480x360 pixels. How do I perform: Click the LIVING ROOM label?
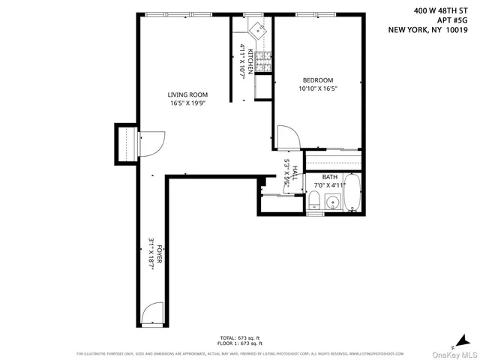point(187,94)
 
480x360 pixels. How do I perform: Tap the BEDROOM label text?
point(317,80)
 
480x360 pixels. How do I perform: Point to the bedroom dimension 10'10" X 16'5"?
point(317,89)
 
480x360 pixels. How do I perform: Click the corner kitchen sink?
point(258,29)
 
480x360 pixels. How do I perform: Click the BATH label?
point(330,177)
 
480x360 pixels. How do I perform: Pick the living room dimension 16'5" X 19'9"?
point(187,103)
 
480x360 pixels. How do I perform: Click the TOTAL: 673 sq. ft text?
point(239,339)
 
